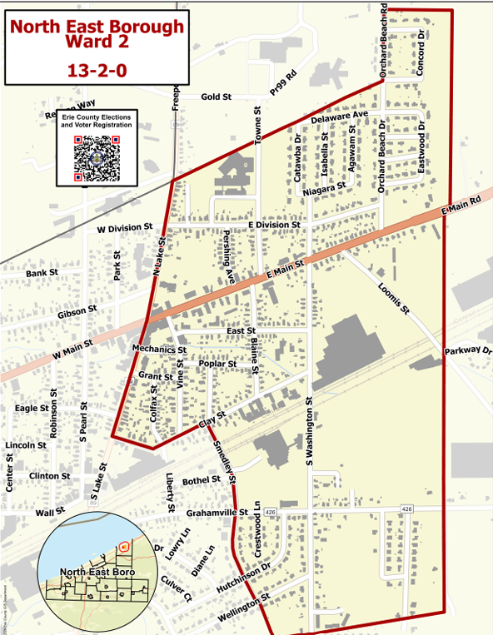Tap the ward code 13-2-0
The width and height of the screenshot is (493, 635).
97,71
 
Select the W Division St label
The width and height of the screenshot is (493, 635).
125,227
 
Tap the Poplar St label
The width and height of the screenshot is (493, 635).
217,364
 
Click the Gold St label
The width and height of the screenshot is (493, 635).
216,97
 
